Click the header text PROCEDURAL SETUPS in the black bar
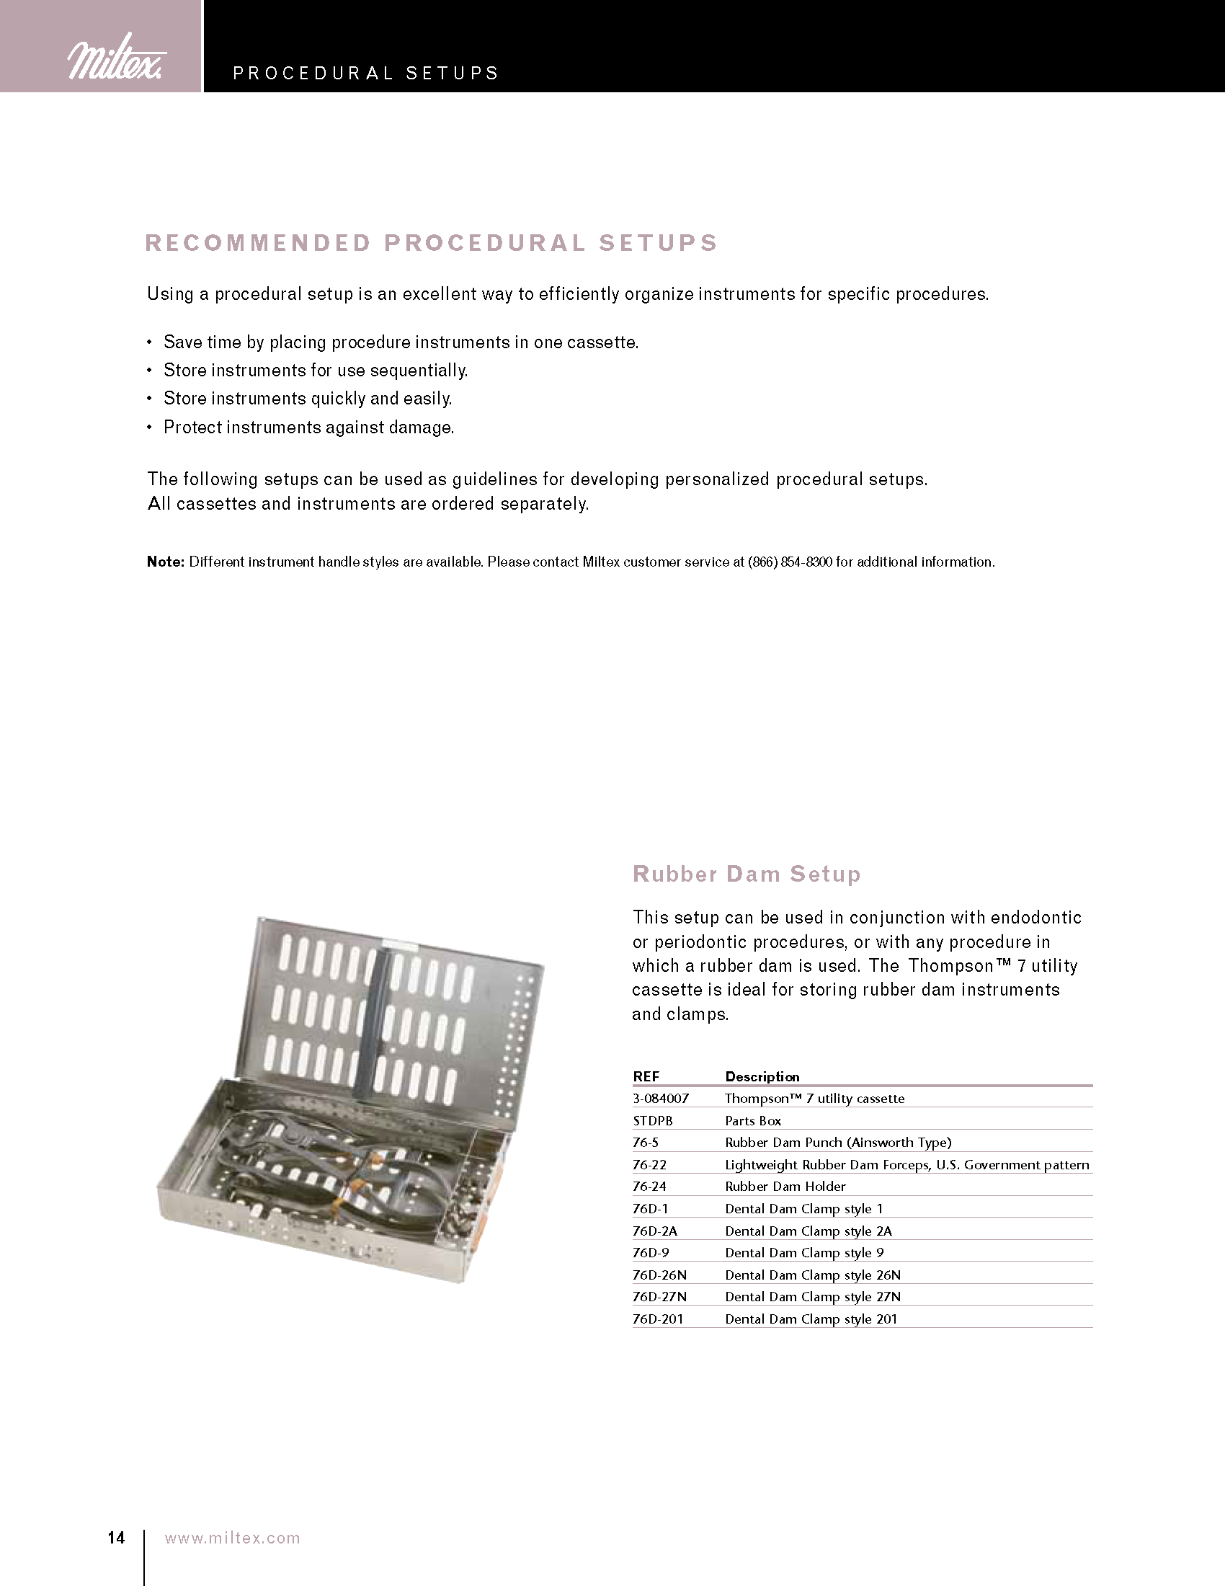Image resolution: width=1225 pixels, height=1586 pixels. (x=366, y=74)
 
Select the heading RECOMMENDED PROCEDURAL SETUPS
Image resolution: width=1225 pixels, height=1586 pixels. (x=432, y=242)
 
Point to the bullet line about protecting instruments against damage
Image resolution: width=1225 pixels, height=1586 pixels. (x=308, y=427)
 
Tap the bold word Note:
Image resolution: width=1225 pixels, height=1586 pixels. (x=166, y=562)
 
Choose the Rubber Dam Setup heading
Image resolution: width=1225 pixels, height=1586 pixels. (x=747, y=874)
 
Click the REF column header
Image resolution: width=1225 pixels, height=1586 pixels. (x=646, y=1076)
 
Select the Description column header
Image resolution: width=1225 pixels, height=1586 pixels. (x=762, y=1076)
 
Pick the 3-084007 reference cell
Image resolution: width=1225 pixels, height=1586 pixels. (x=660, y=1099)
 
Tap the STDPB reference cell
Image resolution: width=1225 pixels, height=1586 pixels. (x=652, y=1120)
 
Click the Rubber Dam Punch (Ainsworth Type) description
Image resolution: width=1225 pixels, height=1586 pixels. (x=838, y=1143)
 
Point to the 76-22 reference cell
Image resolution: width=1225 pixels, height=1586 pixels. (x=649, y=1165)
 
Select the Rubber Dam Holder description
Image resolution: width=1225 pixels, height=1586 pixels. (x=785, y=1187)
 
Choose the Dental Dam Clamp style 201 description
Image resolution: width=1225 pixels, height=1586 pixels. (x=811, y=1319)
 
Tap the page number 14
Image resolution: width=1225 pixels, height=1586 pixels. (x=116, y=1538)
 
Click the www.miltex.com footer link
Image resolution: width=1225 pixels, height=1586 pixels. (x=232, y=1538)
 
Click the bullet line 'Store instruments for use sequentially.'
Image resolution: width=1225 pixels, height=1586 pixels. (x=315, y=371)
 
